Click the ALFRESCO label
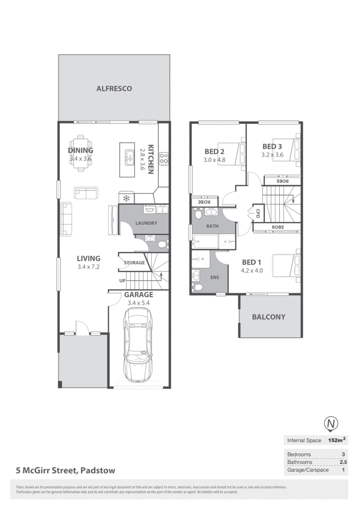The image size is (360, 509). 114,88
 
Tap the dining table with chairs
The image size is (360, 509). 80,153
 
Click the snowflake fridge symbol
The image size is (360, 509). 126,198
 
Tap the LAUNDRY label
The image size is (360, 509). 146,223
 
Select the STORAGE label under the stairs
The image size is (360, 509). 134,263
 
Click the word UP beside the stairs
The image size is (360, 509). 123,280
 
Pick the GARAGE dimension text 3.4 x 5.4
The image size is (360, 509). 138,303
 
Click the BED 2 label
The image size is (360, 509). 214,152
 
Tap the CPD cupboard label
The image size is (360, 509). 258,212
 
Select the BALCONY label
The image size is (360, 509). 269,317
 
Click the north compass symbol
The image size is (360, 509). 331,424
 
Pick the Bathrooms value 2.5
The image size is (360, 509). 343,462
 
